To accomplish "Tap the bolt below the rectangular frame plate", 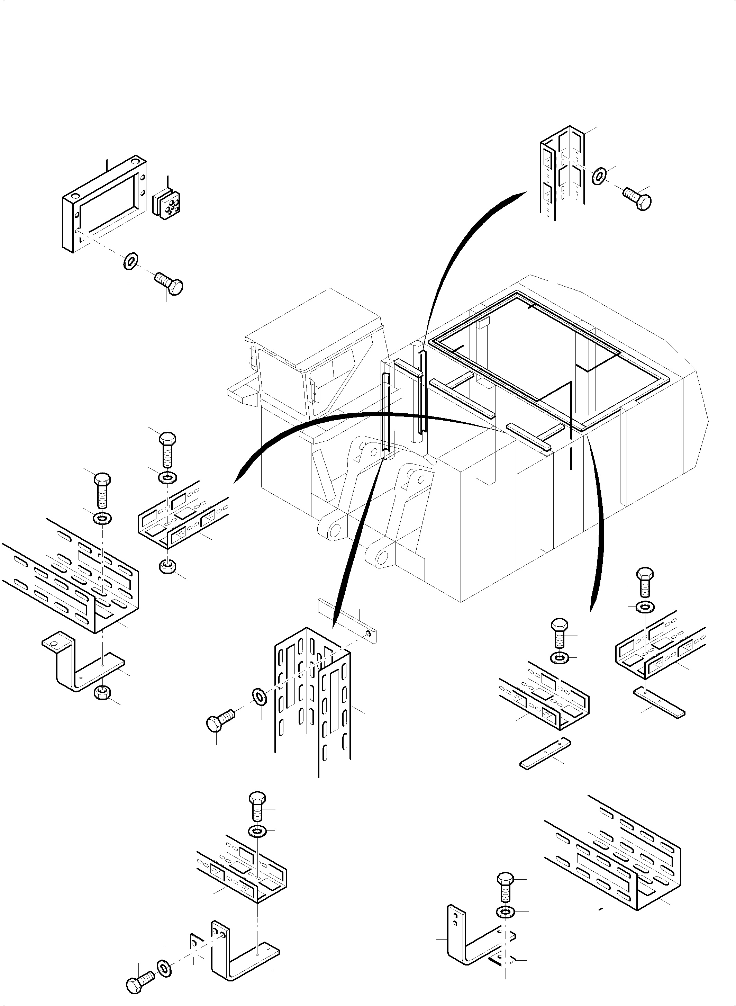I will coord(170,284).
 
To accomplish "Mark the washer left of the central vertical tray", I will coord(259,696).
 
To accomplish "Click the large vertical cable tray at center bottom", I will coord(312,695).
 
